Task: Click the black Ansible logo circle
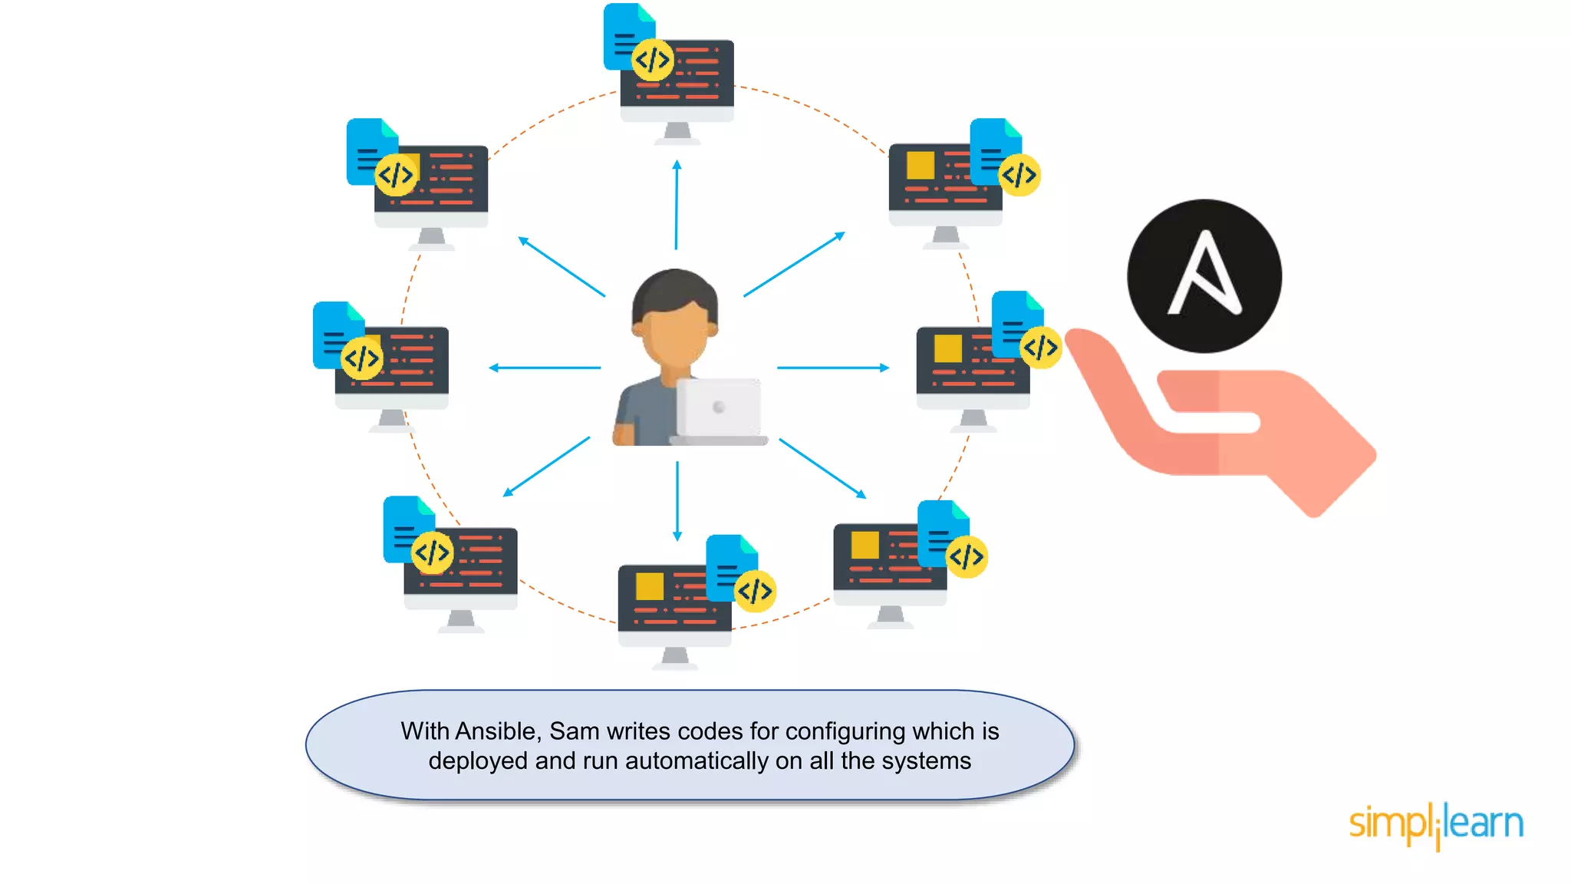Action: pyautogui.click(x=1204, y=275)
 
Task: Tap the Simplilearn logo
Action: pyautogui.click(x=1436, y=825)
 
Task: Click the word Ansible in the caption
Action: pyautogui.click(x=497, y=731)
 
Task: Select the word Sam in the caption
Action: pyautogui.click(x=572, y=731)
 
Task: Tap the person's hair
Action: pyautogui.click(x=674, y=292)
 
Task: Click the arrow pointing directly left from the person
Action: pyautogui.click(x=545, y=368)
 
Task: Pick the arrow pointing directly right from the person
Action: pyautogui.click(x=833, y=368)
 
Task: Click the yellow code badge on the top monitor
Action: pyautogui.click(x=653, y=60)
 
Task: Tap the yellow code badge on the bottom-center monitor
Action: pyautogui.click(x=755, y=591)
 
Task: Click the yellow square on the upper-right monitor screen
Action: pyautogui.click(x=921, y=165)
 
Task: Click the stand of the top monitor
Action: pyautogui.click(x=677, y=133)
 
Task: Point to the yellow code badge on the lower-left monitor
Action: pyautogui.click(x=432, y=552)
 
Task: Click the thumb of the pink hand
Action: pyautogui.click(x=1097, y=361)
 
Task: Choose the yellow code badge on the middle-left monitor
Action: pyautogui.click(x=361, y=358)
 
